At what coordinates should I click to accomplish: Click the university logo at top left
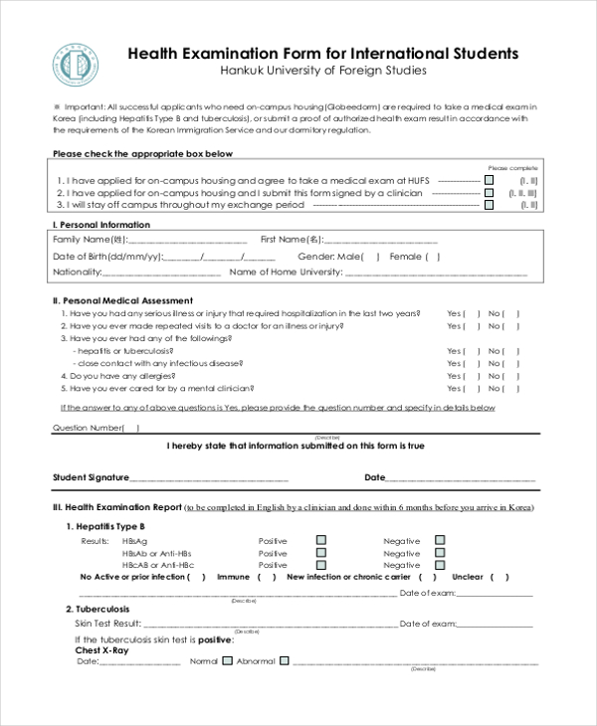[74, 66]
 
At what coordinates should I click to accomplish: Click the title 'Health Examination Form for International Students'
[323, 53]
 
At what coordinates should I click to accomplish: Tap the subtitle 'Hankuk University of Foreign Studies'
[323, 72]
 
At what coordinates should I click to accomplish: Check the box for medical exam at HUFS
[489, 180]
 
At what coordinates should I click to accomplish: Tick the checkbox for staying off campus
[489, 205]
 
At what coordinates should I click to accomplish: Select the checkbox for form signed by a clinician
[489, 193]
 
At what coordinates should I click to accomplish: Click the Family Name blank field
[188, 241]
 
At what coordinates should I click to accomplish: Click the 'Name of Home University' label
[286, 272]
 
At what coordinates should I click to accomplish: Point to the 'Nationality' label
[77, 272]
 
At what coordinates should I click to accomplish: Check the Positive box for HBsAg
[321, 540]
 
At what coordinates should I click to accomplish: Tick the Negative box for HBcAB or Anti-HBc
[440, 564]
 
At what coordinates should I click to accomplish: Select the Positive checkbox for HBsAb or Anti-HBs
[321, 552]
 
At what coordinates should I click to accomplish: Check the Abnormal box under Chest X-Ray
[285, 660]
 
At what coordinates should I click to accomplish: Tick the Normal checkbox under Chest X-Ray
[227, 660]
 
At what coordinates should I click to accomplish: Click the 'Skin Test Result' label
[111, 624]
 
